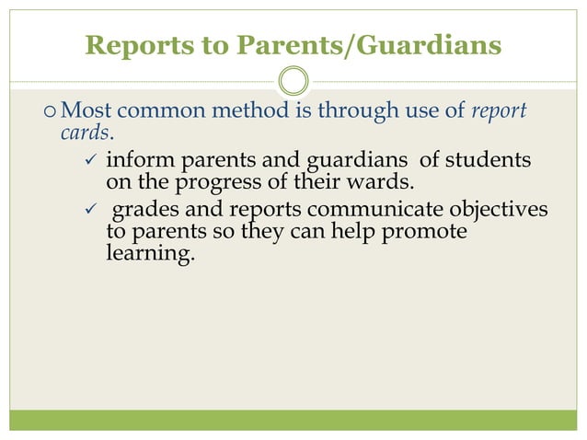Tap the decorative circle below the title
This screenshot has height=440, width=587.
point(293,81)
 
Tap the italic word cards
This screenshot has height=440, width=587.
point(77,133)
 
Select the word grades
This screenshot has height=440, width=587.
point(144,211)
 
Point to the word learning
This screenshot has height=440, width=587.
point(151,252)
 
